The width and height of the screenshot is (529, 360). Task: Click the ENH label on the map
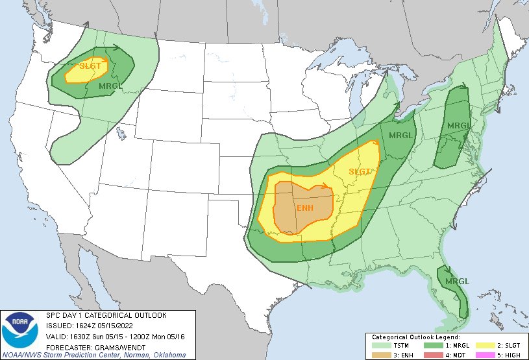point(305,208)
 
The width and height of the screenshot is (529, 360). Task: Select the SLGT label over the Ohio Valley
point(359,172)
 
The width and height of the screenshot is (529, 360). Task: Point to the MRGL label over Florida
point(457,281)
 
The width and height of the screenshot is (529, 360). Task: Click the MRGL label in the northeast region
point(458,125)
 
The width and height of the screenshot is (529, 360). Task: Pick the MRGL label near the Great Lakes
point(400,135)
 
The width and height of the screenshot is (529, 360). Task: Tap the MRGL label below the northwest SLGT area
point(110,86)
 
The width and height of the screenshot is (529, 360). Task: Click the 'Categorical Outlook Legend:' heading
point(415,337)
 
